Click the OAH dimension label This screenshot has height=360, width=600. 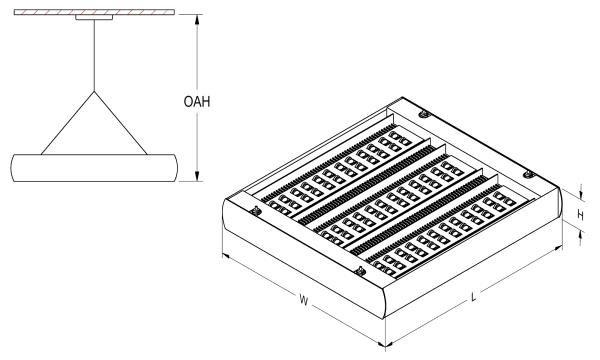(x=197, y=102)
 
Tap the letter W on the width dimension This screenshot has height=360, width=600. (x=303, y=300)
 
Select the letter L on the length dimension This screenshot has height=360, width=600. (x=473, y=296)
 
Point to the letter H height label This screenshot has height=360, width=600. (x=580, y=216)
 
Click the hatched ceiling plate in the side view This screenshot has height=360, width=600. (x=95, y=12)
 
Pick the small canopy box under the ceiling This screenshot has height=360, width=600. (x=94, y=17)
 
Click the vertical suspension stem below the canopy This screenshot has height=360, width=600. (x=94, y=55)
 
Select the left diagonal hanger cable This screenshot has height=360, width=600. (x=67, y=123)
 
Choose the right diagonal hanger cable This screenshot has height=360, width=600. (x=121, y=123)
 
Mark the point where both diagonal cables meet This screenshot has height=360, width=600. (x=94, y=91)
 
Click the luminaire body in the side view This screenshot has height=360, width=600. (x=94, y=168)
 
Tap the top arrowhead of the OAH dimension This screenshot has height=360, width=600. (x=197, y=20)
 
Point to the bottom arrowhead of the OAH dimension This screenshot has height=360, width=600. (x=197, y=176)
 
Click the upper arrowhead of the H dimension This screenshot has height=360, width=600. (x=581, y=196)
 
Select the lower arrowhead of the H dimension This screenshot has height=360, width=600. (x=581, y=234)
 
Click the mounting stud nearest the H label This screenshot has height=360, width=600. (x=529, y=175)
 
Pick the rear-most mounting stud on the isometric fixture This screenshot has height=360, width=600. (x=424, y=114)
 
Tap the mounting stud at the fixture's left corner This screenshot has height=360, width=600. (x=256, y=210)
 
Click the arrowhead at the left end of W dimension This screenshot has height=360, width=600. (x=226, y=256)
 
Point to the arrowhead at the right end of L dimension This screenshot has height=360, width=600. (x=558, y=248)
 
